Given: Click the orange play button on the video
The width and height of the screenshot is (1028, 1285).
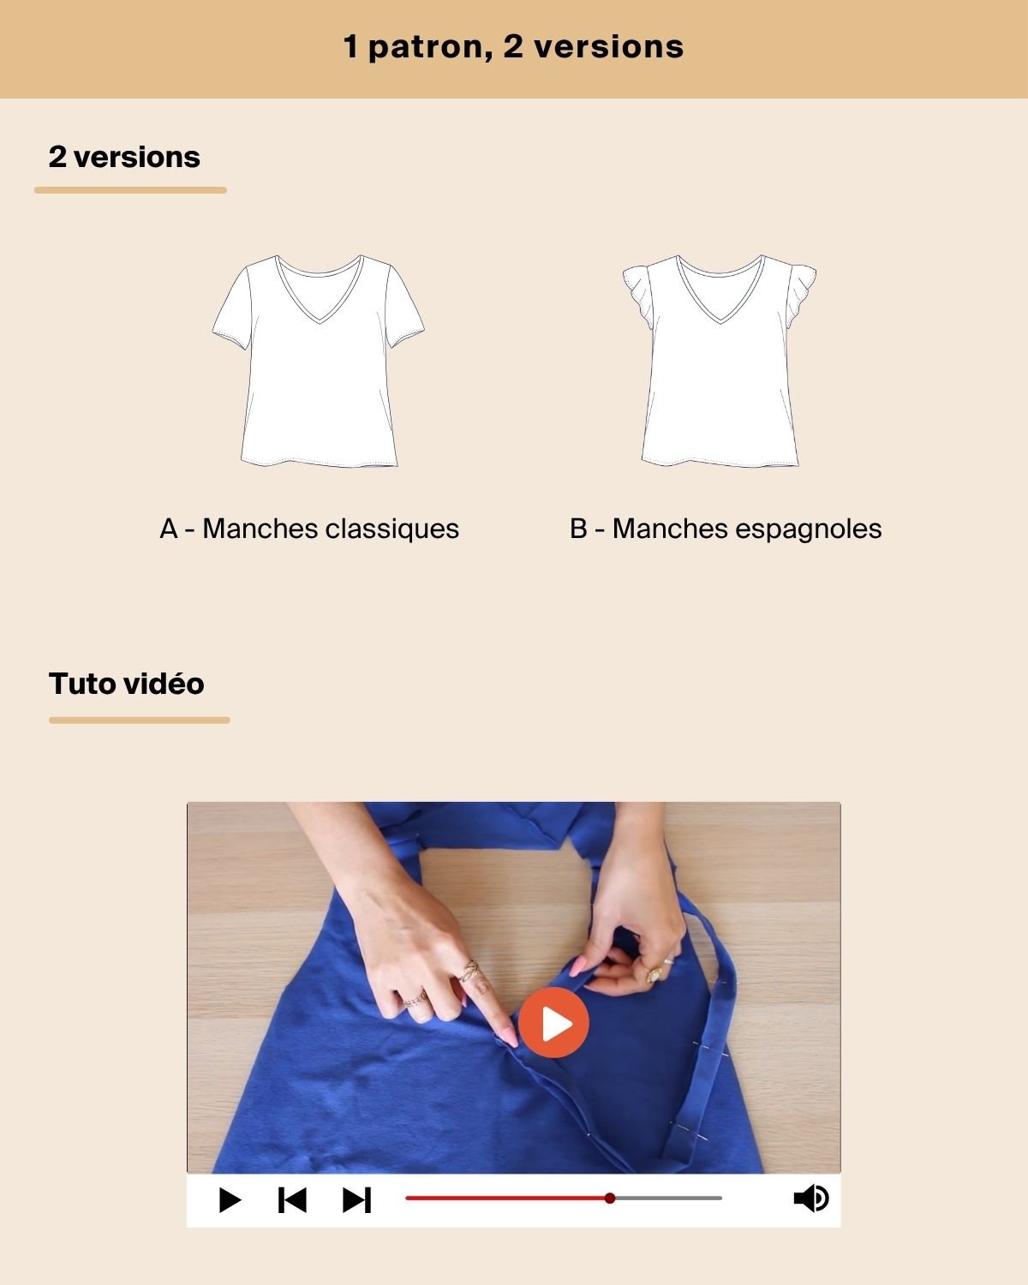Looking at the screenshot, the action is point(553,1022).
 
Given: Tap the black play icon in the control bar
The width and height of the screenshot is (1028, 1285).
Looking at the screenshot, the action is point(230,1199).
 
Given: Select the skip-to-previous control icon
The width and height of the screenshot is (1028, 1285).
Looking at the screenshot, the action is point(292,1199).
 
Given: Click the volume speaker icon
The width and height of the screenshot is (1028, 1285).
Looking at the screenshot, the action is point(810,1198).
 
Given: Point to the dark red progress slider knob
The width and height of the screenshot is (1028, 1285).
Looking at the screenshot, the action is point(609,1198).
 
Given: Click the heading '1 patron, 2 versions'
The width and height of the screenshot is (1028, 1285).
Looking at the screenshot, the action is point(514,46).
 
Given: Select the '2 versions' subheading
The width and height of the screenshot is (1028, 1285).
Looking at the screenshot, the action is point(124,157).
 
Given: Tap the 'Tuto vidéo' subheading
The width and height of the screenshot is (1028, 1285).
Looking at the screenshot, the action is point(126,684).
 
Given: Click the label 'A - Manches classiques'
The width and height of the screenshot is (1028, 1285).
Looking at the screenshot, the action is point(309,529).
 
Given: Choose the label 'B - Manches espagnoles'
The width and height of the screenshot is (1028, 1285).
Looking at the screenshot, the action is point(726,529).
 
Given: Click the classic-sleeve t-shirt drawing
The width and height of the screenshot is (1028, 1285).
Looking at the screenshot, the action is point(319,361).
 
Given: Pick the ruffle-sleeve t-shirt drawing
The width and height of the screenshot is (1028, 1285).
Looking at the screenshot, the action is point(720,361).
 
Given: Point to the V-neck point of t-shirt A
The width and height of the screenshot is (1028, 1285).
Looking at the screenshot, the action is point(320,322).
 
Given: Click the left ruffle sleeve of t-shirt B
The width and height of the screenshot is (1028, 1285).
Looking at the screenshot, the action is point(638,296).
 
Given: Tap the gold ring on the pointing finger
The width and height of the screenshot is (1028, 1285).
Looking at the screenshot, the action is point(470,971).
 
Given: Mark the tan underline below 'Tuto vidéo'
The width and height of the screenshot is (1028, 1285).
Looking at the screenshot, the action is point(139,720).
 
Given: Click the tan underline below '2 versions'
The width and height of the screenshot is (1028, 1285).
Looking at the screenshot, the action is point(130,190).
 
